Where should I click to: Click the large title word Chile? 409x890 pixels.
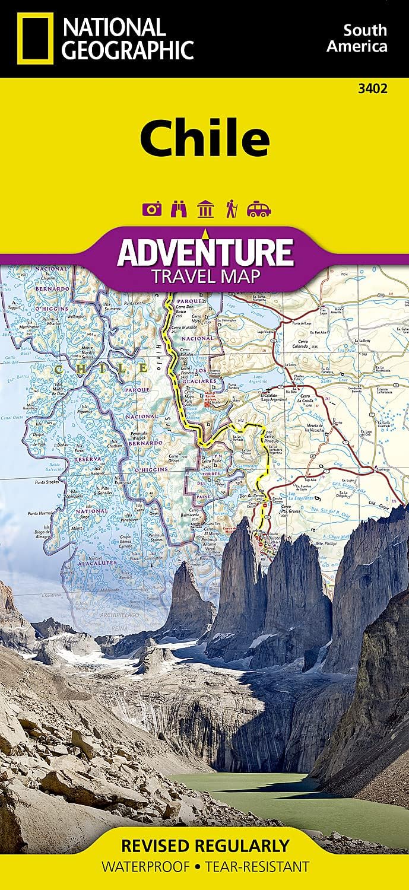(205, 138)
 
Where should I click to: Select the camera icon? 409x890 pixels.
(152, 209)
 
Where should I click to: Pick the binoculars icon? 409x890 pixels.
(179, 209)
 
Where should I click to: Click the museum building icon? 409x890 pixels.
(205, 209)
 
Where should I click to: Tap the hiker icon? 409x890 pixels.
(231, 209)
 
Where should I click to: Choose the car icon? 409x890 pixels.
(259, 209)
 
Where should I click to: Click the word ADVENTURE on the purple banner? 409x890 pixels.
(205, 252)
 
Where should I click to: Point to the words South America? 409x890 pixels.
(364, 38)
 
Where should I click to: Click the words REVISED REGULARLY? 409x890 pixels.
(205, 844)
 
